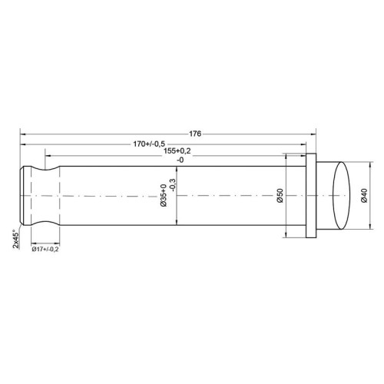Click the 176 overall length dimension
pyautogui.click(x=195, y=134)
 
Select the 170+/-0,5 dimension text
pyautogui.click(x=149, y=144)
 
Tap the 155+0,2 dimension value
pyautogui.click(x=177, y=151)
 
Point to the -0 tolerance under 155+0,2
pyautogui.click(x=180, y=161)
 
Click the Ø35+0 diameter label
pyautogui.click(x=164, y=195)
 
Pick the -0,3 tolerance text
pyautogui.click(x=173, y=185)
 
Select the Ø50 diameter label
pyautogui.click(x=280, y=196)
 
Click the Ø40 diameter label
pyautogui.click(x=364, y=196)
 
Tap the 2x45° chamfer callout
pyautogui.click(x=16, y=239)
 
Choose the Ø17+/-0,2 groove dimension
pyautogui.click(x=45, y=249)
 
